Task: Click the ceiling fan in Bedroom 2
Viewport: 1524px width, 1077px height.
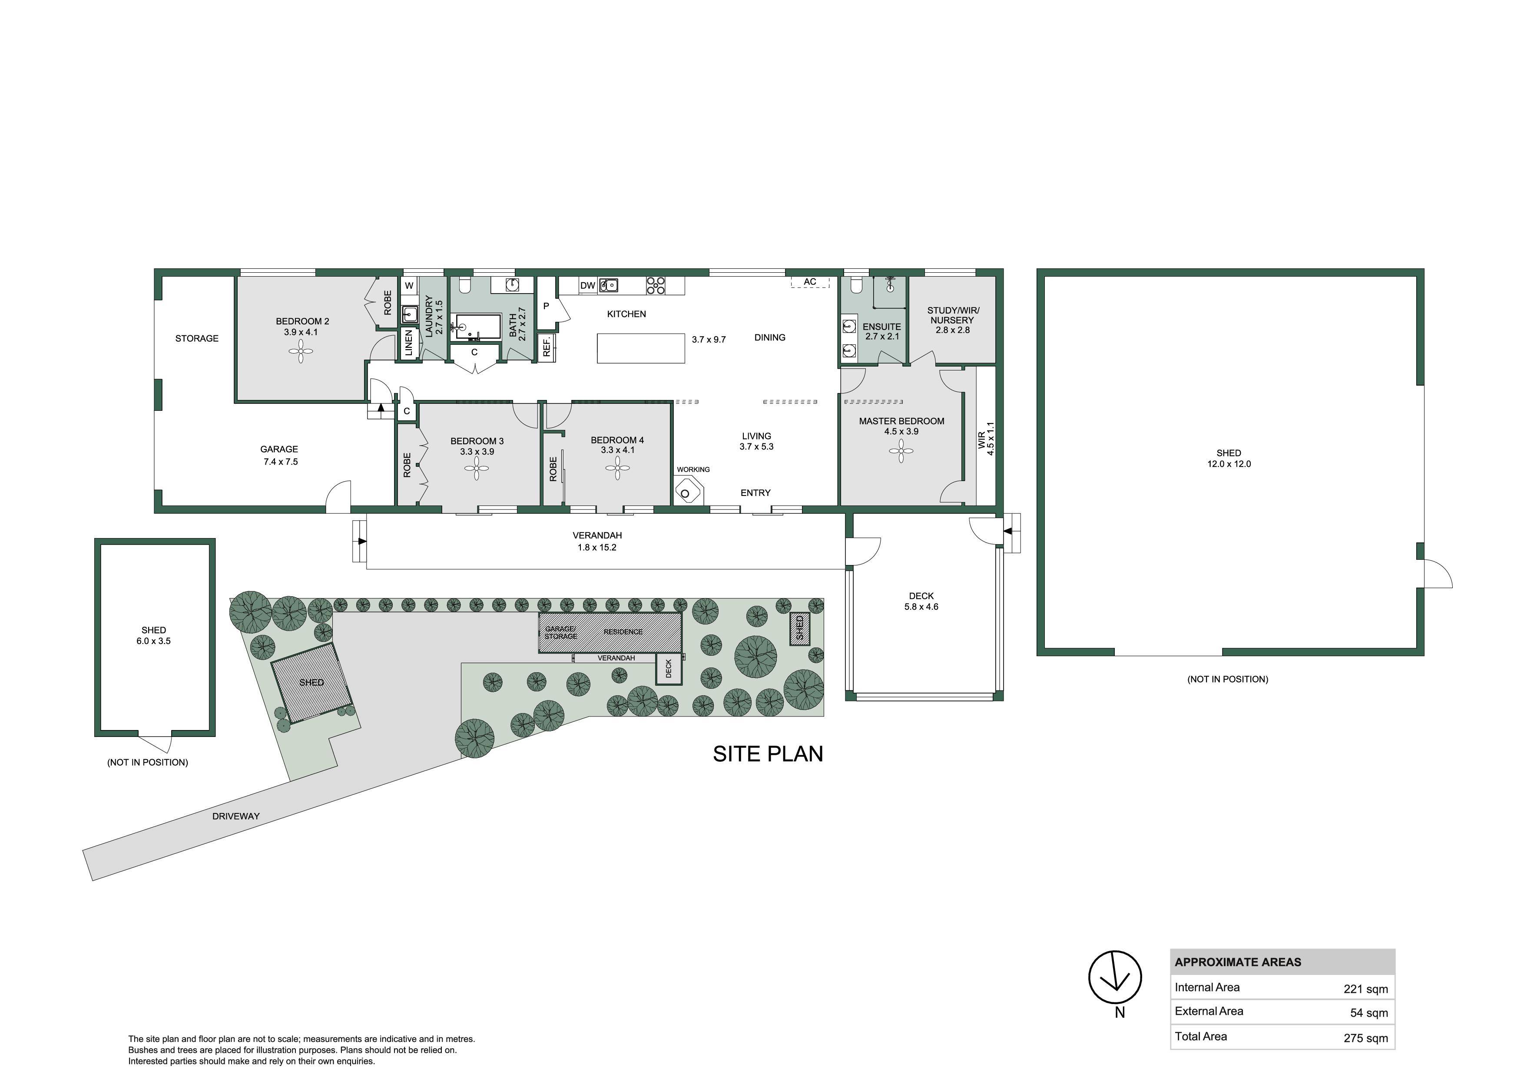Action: pos(301,351)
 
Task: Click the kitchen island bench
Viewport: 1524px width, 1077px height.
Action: pos(641,348)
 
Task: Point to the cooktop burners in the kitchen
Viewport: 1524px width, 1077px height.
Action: pos(656,285)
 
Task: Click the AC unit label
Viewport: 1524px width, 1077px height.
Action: pos(810,282)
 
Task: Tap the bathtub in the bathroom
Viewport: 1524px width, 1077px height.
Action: pos(477,327)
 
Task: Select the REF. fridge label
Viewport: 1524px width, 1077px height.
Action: pos(547,347)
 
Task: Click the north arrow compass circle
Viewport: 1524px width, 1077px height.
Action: pos(1115,978)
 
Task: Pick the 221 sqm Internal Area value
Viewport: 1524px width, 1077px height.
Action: pos(1365,989)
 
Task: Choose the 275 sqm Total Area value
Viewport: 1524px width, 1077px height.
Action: pos(1365,1038)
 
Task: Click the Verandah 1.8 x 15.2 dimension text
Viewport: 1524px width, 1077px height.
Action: pos(597,548)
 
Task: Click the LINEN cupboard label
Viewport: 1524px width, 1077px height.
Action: pos(409,344)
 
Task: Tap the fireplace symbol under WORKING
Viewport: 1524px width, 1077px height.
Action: pos(688,493)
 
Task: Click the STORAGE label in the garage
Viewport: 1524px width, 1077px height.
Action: pos(196,338)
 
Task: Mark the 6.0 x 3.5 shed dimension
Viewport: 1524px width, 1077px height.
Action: pos(153,641)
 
